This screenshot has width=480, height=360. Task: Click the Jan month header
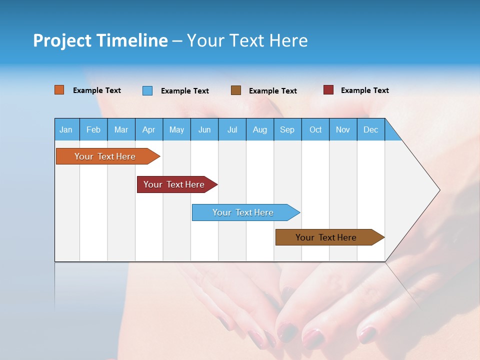pos(66,129)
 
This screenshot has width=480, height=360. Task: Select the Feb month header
pos(93,129)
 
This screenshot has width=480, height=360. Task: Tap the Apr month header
pos(149,129)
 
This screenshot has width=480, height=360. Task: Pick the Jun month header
pos(204,129)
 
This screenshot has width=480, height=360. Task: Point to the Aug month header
pos(260,129)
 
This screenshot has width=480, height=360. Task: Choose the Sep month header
pos(287,129)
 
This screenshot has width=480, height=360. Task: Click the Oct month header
pos(315,129)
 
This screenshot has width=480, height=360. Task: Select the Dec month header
pos(371,129)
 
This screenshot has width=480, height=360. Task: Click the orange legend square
pos(59,90)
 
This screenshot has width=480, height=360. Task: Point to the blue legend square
pos(147,90)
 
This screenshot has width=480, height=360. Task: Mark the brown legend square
pos(236,90)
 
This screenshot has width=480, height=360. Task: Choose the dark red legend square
pos(328,90)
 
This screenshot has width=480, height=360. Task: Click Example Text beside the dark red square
pos(365,90)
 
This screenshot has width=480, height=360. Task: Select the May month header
pos(176,129)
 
